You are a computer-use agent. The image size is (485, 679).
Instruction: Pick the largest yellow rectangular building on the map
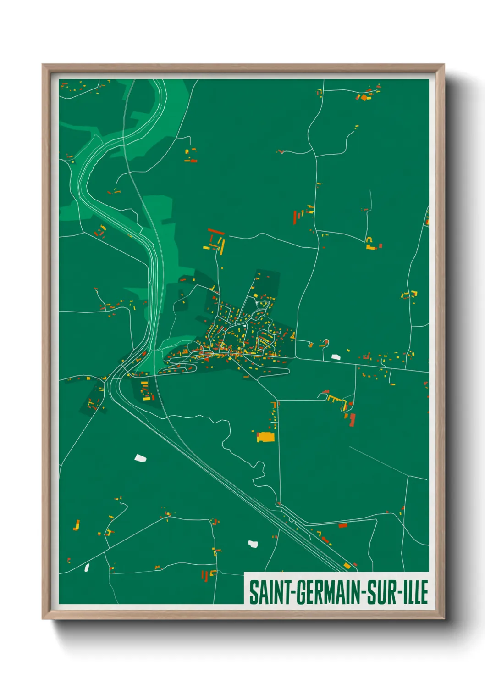point(265,437)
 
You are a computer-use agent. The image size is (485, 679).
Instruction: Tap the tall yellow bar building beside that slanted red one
point(222,246)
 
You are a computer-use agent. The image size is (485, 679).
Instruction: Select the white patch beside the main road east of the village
point(336,356)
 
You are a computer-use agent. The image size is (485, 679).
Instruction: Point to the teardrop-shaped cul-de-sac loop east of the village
point(325,342)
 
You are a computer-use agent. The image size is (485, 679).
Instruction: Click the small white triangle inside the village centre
point(245,325)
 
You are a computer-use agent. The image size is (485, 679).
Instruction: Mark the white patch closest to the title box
point(253,544)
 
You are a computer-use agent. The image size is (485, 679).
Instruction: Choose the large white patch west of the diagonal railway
point(140,457)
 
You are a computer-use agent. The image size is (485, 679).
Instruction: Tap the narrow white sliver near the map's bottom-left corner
point(87,568)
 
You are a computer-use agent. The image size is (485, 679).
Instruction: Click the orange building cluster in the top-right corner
point(365,97)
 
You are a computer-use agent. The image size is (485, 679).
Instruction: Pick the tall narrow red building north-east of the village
point(295,217)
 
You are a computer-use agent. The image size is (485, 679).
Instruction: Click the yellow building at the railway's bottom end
point(347,566)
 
